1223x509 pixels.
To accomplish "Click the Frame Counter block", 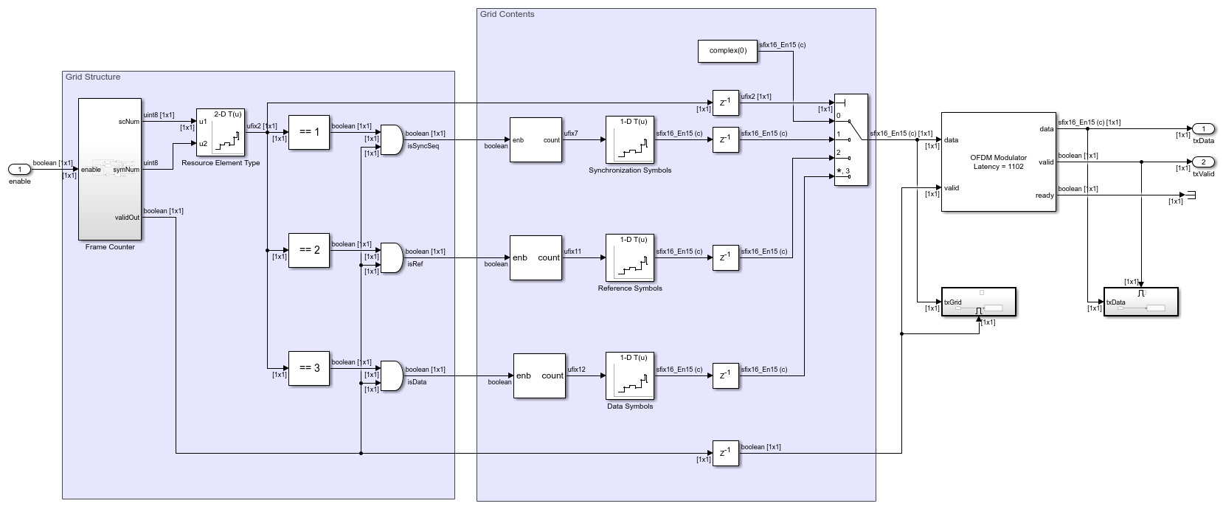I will point(109,169).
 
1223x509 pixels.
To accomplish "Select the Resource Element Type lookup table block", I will point(220,133).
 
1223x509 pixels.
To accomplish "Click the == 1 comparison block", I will point(309,132).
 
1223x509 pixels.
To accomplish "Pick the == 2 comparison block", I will point(309,250).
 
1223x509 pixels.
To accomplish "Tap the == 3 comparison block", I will point(309,368).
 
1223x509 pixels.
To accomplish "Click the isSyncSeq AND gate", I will point(391,139).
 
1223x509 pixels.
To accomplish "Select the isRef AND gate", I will point(391,257).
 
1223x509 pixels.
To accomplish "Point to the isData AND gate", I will point(391,375).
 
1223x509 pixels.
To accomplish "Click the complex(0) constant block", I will point(727,51).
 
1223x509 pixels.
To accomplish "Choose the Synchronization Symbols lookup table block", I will point(630,139).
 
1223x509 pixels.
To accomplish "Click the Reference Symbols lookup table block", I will point(630,257).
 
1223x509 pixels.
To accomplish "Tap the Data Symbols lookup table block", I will point(630,375).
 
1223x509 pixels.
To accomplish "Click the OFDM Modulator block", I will point(998,162).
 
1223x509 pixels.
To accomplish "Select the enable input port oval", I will point(20,169).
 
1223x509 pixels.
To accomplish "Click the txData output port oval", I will point(1203,129).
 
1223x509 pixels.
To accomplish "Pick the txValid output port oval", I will point(1203,162).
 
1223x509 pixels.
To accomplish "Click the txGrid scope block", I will point(978,302).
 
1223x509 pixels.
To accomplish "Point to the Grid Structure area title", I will point(93,77).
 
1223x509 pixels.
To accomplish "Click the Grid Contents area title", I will point(507,14).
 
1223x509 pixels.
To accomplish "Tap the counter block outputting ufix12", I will point(540,375).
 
